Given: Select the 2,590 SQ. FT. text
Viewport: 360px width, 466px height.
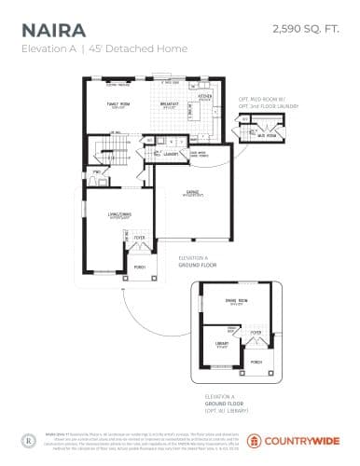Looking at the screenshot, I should [303, 30].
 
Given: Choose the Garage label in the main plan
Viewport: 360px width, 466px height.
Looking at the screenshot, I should [193, 193].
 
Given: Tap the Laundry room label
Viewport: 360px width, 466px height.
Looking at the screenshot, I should [171, 153].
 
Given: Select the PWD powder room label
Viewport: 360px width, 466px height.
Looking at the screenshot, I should [96, 173].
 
